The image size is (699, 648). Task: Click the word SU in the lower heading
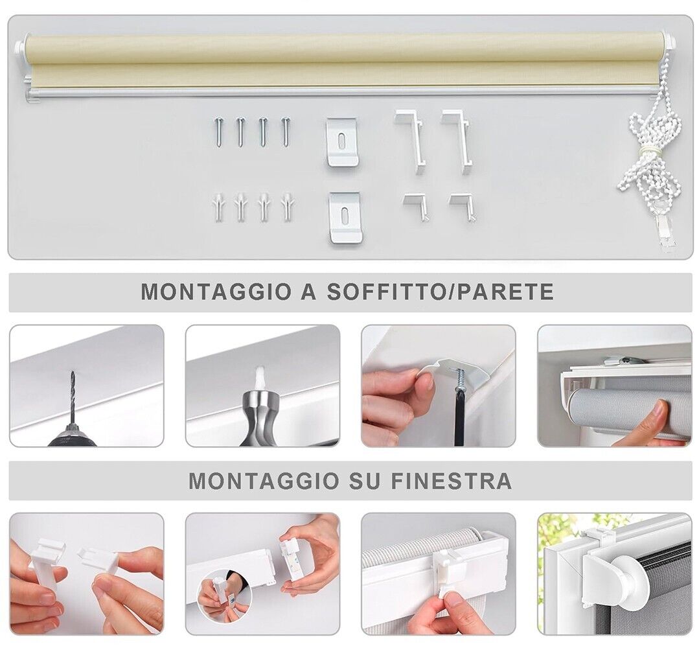click(x=364, y=481)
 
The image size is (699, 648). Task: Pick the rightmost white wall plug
click(x=286, y=207)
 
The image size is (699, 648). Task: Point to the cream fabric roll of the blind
click(x=343, y=62)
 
